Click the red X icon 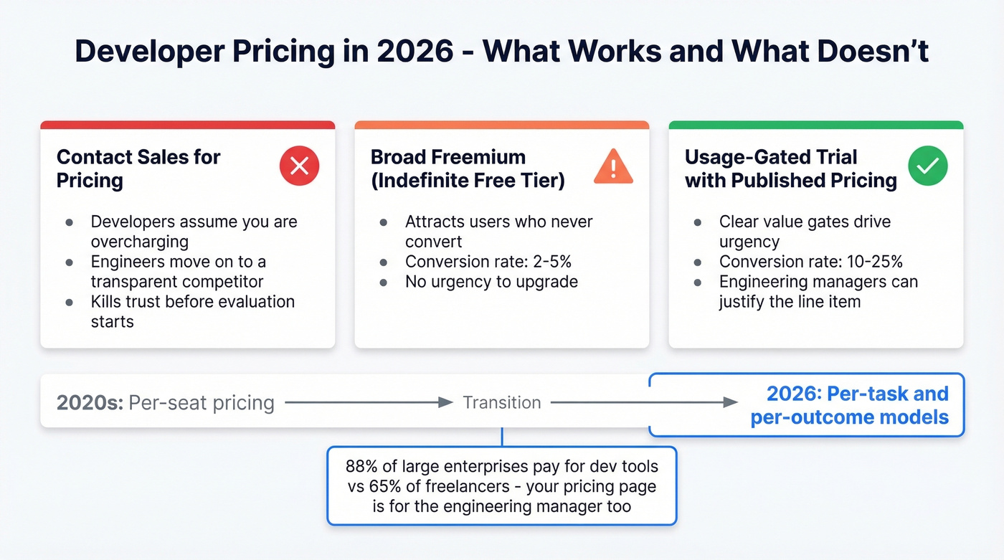(299, 167)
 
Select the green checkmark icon (928, 167)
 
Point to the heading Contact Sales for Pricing (138, 169)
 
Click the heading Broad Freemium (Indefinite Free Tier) (468, 169)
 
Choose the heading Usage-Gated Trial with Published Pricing (790, 169)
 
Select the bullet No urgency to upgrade (491, 281)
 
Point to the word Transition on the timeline (502, 402)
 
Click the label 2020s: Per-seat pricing (165, 403)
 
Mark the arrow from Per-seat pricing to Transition (369, 403)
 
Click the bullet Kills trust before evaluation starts (192, 311)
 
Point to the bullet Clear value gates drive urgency (805, 232)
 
